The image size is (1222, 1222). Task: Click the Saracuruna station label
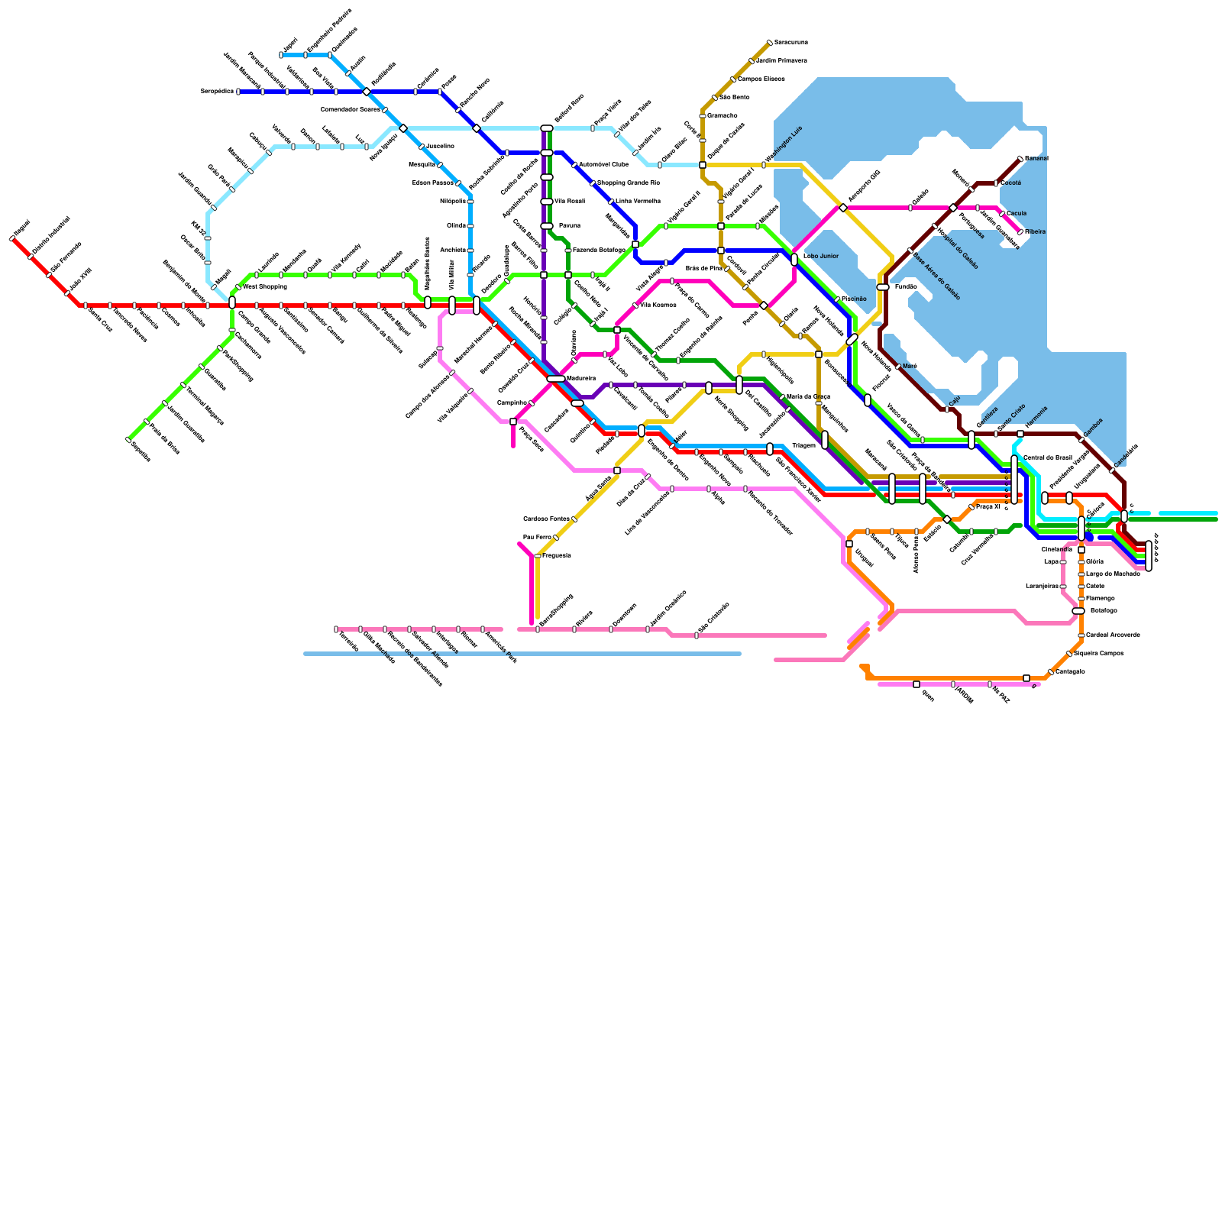[x=790, y=42]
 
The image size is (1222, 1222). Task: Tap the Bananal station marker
[x=1020, y=159]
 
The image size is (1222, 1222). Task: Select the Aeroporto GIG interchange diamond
[x=843, y=208]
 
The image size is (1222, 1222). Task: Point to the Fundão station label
[x=905, y=286]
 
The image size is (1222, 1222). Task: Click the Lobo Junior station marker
[x=794, y=260]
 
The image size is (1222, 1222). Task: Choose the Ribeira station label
[x=1035, y=231]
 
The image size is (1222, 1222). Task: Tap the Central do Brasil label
[x=1047, y=457]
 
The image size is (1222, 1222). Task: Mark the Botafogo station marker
[x=1078, y=611]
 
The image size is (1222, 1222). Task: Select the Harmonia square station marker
[x=1020, y=434]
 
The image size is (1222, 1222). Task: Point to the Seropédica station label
[x=217, y=91]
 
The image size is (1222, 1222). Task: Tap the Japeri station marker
[x=281, y=55]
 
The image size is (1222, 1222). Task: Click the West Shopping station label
[x=264, y=287]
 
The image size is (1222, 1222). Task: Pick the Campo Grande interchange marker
[x=232, y=303]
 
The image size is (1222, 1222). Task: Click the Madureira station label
[x=580, y=377]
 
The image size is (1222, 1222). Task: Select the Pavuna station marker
[x=547, y=226]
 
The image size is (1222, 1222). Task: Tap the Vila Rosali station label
[x=569, y=201]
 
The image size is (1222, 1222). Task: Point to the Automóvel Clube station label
[x=603, y=164]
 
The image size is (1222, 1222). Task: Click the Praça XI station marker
[x=971, y=507]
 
